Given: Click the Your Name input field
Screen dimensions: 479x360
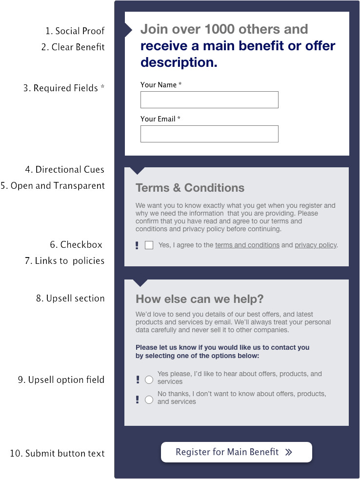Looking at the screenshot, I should pyautogui.click(x=209, y=100).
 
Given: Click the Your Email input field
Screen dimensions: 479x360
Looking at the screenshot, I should pyautogui.click(x=209, y=134).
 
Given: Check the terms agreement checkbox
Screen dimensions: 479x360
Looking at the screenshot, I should pyautogui.click(x=149, y=245).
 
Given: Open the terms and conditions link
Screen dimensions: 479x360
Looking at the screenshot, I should pyautogui.click(x=247, y=245).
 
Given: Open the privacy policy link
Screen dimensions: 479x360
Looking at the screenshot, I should pyautogui.click(x=316, y=245).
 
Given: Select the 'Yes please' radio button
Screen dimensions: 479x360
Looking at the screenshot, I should pyautogui.click(x=149, y=379).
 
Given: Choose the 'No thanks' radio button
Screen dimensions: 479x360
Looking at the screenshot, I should pyautogui.click(x=149, y=399).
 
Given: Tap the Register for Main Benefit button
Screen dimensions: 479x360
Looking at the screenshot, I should pyautogui.click(x=236, y=452).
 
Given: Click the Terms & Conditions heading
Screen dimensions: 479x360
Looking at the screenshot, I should pyautogui.click(x=190, y=188).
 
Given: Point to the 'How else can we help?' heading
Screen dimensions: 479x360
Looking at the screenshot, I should pyautogui.click(x=199, y=299).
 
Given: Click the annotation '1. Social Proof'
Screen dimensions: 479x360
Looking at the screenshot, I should pyautogui.click(x=75, y=31).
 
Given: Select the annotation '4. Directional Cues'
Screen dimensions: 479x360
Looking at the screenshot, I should pyautogui.click(x=65, y=170).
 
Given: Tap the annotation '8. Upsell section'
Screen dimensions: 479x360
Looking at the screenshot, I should pyautogui.click(x=70, y=298).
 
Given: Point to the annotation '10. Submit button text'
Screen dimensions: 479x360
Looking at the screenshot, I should pyautogui.click(x=57, y=454).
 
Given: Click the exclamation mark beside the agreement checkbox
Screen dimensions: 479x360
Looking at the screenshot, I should pyautogui.click(x=137, y=245).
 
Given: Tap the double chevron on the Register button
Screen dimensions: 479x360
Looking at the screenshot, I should pyautogui.click(x=289, y=452).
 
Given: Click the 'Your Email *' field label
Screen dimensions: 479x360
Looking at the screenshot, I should pyautogui.click(x=160, y=119).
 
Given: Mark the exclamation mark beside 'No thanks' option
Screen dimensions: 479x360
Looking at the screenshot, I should pyautogui.click(x=137, y=399).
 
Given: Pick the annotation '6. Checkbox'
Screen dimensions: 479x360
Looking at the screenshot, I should pyautogui.click(x=77, y=244).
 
